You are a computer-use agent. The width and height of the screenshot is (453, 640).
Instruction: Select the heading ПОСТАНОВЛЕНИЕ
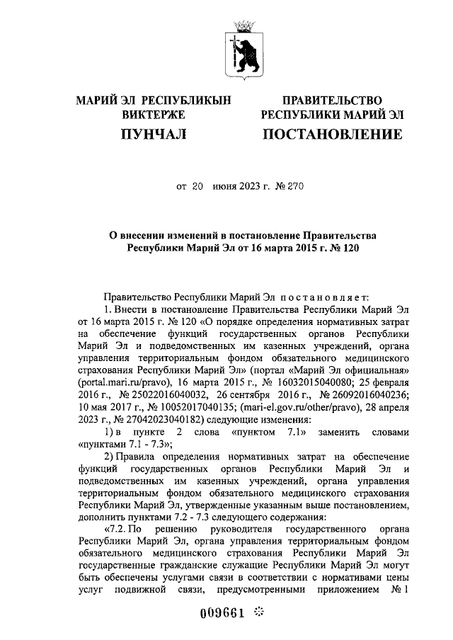(332, 133)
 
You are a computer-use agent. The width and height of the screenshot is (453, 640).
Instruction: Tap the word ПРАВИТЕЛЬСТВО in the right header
(332, 101)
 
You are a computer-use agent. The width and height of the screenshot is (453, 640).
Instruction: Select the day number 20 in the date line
(198, 187)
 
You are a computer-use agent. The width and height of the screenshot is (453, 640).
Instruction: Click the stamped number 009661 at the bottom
(226, 612)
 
